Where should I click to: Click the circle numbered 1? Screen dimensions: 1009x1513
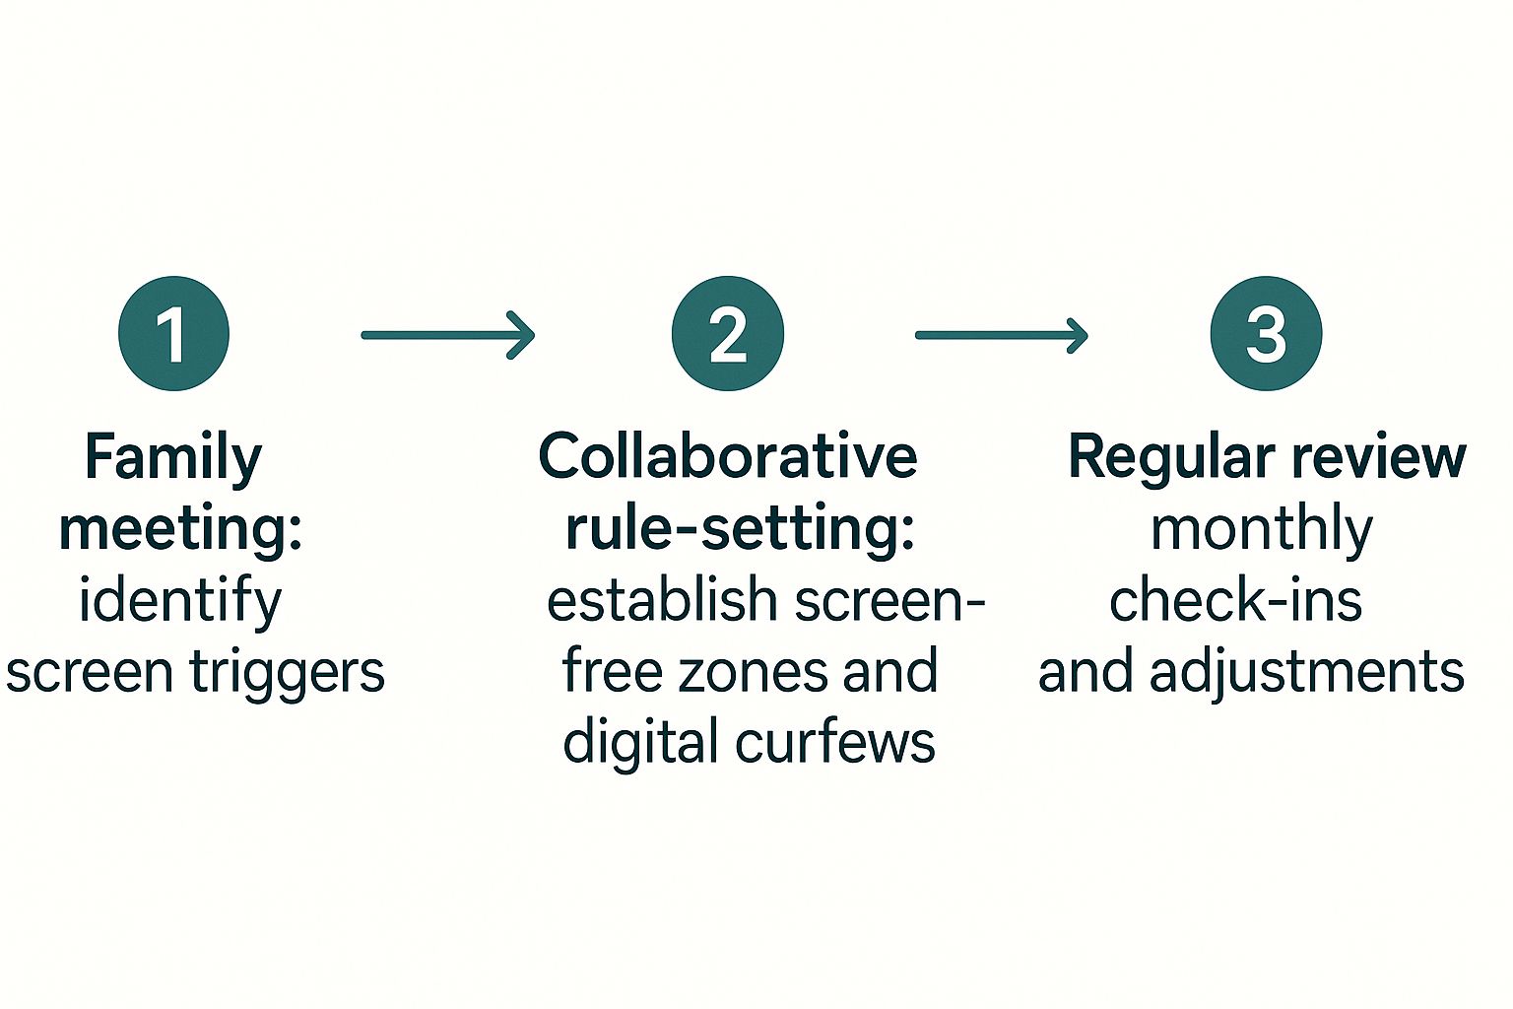[173, 333]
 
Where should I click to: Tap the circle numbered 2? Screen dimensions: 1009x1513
[728, 333]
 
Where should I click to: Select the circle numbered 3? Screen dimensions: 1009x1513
[1266, 333]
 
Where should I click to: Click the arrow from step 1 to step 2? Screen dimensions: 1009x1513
[447, 335]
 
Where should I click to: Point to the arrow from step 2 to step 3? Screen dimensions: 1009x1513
[1001, 335]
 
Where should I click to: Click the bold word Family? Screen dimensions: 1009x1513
[173, 457]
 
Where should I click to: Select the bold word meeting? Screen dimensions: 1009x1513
[180, 529]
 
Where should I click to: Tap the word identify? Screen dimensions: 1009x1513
[180, 601]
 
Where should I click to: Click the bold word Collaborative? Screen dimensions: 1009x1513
[728, 457]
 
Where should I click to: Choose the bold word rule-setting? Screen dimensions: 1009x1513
[740, 529]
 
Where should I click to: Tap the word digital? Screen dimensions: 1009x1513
[641, 743]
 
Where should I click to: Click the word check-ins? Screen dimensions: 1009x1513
[1235, 601]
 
